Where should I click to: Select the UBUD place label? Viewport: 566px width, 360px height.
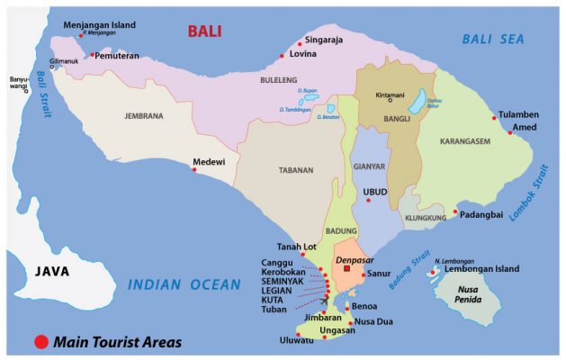(x=374, y=192)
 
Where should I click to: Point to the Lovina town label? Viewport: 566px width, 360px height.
(x=305, y=55)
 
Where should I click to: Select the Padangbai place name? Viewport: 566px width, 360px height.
(x=484, y=215)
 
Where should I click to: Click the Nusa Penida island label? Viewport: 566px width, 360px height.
(x=473, y=296)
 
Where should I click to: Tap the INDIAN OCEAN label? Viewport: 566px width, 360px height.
(x=184, y=285)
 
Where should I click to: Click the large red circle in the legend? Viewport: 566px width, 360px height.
(x=40, y=342)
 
